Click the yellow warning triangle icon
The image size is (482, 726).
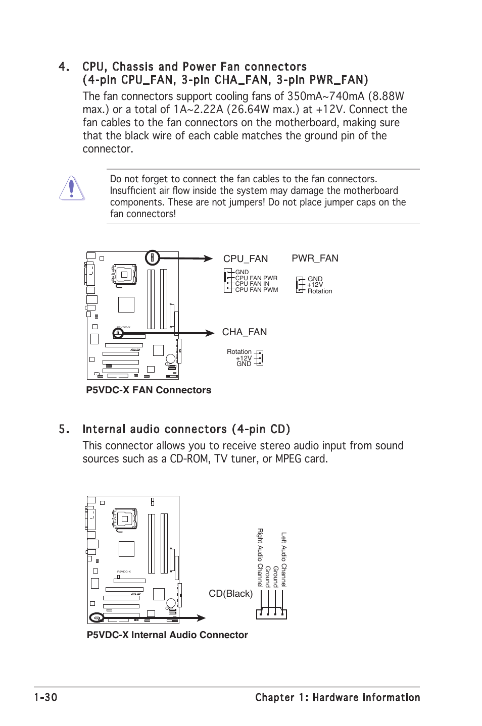point(72,188)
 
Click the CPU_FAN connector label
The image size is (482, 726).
point(246,259)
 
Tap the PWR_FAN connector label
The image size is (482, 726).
point(315,258)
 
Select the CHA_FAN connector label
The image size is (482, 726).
point(245,332)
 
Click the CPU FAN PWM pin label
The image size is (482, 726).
point(257,290)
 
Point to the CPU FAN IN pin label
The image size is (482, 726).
point(252,284)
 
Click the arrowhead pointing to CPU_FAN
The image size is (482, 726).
point(207,258)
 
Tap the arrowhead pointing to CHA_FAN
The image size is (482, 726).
point(209,333)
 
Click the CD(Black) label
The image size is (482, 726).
point(231,594)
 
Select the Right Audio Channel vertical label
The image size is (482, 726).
point(260,557)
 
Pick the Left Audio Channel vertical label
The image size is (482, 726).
point(284,559)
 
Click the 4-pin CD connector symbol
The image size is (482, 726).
point(271,613)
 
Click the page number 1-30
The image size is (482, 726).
point(45,698)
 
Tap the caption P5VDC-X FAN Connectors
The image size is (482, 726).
point(149,390)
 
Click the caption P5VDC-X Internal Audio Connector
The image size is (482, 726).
point(167,635)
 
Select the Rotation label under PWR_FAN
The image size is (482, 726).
point(320,291)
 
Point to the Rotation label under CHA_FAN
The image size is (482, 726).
point(239,352)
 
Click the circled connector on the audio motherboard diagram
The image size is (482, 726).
point(96,617)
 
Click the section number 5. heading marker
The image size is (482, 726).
point(64,429)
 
